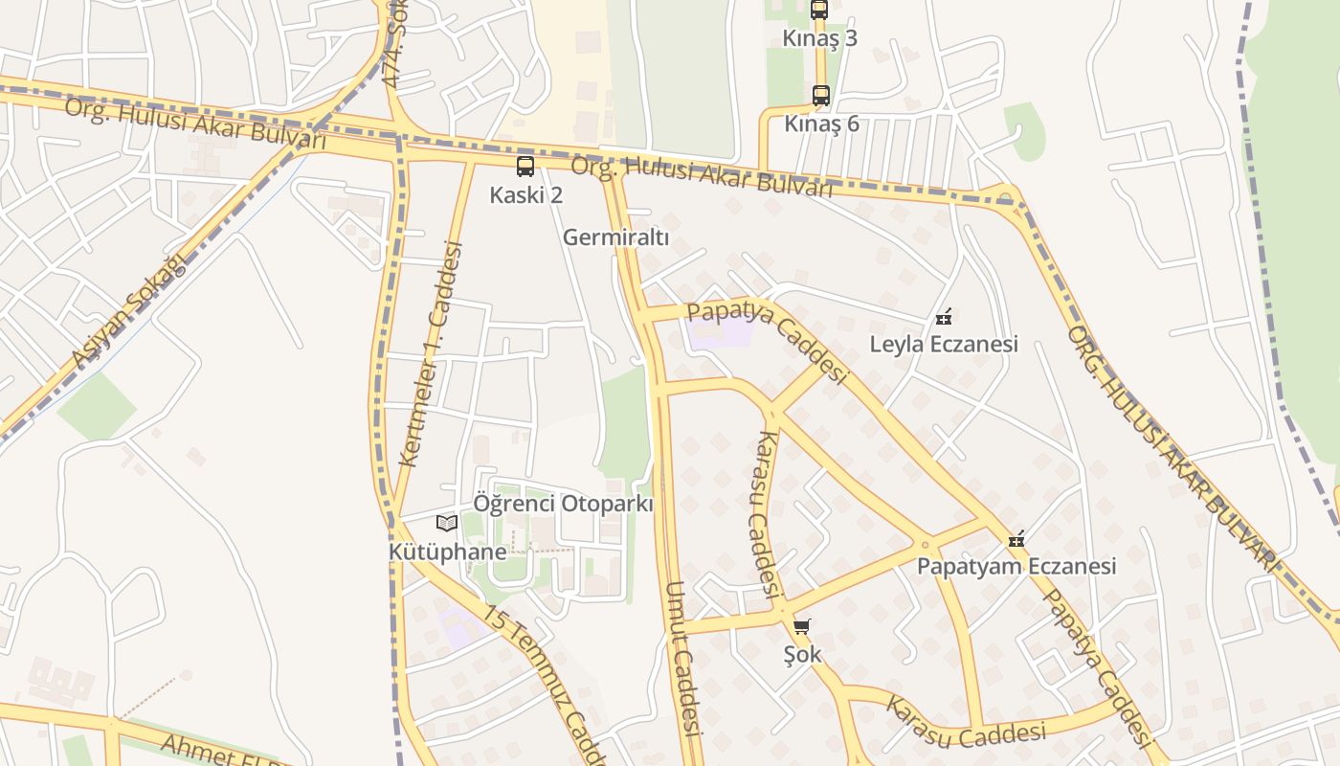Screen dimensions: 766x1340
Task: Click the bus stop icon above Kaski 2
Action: [525, 167]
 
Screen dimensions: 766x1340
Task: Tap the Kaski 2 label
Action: [525, 195]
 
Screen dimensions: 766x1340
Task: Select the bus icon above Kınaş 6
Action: [820, 96]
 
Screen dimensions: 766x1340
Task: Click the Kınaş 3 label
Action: [820, 38]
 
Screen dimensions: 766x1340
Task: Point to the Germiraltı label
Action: [615, 237]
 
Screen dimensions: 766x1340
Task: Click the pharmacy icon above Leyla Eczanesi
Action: [943, 316]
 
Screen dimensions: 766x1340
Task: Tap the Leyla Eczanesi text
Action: [943, 344]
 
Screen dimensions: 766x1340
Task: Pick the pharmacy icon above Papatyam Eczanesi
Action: [1016, 539]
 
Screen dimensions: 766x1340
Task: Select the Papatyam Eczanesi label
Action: [1016, 566]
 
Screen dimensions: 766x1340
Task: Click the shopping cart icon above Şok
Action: [802, 627]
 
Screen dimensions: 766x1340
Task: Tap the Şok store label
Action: [802, 656]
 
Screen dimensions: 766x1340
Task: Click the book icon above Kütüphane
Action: [447, 523]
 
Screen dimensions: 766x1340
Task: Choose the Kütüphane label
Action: [447, 552]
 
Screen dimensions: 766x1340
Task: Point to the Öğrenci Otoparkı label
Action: [563, 504]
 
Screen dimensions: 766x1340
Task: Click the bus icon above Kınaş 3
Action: [819, 10]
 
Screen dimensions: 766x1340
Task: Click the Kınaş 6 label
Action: [821, 124]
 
